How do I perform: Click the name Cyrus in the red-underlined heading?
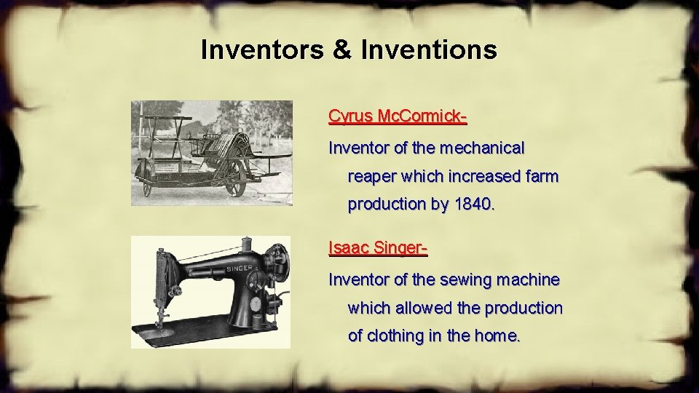pos(349,116)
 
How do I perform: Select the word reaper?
pos(373,177)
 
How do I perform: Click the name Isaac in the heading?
pos(349,248)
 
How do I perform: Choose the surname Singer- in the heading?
pos(400,248)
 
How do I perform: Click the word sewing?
pos(465,279)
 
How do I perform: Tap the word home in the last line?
pos(499,336)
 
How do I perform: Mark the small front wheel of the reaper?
pos(147,188)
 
